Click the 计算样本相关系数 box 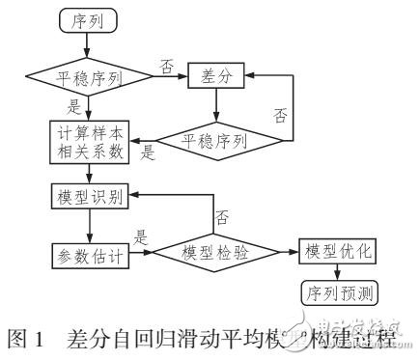[88, 141]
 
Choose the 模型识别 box [88, 197]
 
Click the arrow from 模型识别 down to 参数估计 [88, 225]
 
